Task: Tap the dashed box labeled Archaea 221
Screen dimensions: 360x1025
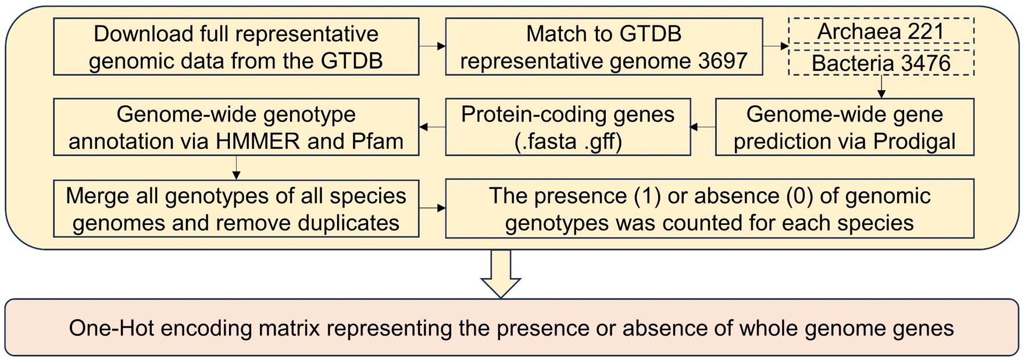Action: point(880,31)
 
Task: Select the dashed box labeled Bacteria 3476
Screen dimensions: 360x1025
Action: point(880,63)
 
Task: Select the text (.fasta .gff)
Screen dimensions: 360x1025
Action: point(568,141)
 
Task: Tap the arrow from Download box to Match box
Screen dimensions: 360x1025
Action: point(432,47)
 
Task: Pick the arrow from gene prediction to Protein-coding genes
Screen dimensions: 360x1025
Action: point(703,127)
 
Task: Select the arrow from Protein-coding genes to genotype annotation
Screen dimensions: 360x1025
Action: point(432,127)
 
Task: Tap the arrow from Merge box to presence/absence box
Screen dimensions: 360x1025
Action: point(432,208)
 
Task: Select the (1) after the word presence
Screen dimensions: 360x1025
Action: point(648,197)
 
